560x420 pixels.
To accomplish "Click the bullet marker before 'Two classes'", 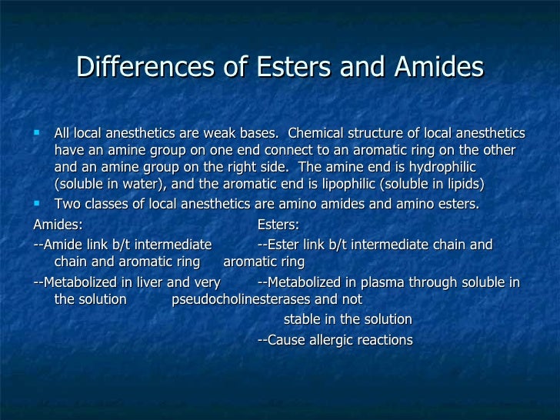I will click(x=38, y=203).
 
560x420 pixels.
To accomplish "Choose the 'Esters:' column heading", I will click(x=278, y=225).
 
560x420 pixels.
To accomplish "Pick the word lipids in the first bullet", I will click(x=464, y=185).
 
